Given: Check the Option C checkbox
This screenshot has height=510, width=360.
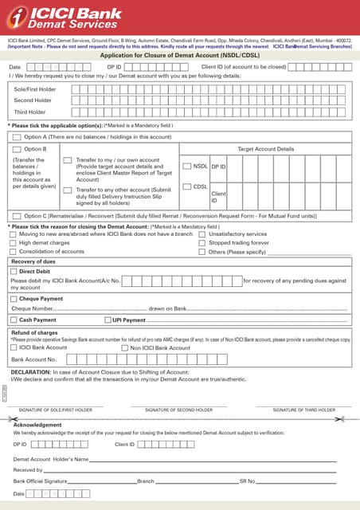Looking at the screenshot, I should point(16,216).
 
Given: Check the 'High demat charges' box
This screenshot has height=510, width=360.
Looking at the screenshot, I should point(13,242).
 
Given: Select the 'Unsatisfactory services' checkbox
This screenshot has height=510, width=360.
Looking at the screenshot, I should point(202,234).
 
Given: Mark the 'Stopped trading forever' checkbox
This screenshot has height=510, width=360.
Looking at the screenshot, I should point(202,242).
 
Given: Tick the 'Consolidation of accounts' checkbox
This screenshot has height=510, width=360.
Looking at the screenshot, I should point(13,251).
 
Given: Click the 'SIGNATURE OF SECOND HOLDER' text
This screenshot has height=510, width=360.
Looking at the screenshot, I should point(178,410).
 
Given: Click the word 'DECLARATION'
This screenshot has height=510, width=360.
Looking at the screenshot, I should point(30,372).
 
